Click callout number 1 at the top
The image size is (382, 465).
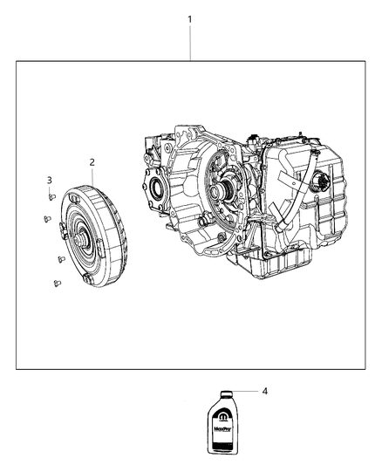point(190,19)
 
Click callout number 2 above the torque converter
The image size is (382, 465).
point(92,161)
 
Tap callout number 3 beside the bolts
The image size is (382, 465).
point(50,180)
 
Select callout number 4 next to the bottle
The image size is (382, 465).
point(264,392)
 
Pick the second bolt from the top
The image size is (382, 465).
point(45,219)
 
